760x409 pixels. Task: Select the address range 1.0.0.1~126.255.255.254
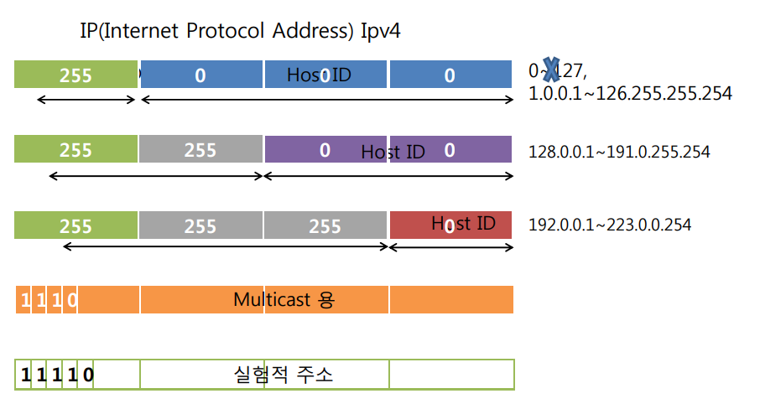click(x=630, y=93)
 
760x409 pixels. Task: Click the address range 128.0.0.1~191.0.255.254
click(x=619, y=153)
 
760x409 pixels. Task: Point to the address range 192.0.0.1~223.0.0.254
click(x=610, y=225)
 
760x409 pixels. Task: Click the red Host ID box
click(x=451, y=225)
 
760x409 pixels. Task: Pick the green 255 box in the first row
click(x=75, y=75)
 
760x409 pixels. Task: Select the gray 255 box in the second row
click(x=201, y=149)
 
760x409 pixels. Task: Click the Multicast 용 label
click(x=284, y=299)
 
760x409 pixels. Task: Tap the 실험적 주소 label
click(x=283, y=374)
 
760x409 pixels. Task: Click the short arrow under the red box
click(x=451, y=247)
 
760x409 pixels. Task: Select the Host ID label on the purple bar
click(x=393, y=153)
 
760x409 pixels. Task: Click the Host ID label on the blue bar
click(x=319, y=75)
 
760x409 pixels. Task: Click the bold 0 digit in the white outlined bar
click(x=88, y=375)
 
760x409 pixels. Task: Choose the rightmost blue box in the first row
click(x=451, y=75)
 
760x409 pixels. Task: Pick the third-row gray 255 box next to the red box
click(x=325, y=225)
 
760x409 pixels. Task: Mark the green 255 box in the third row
click(x=75, y=225)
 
